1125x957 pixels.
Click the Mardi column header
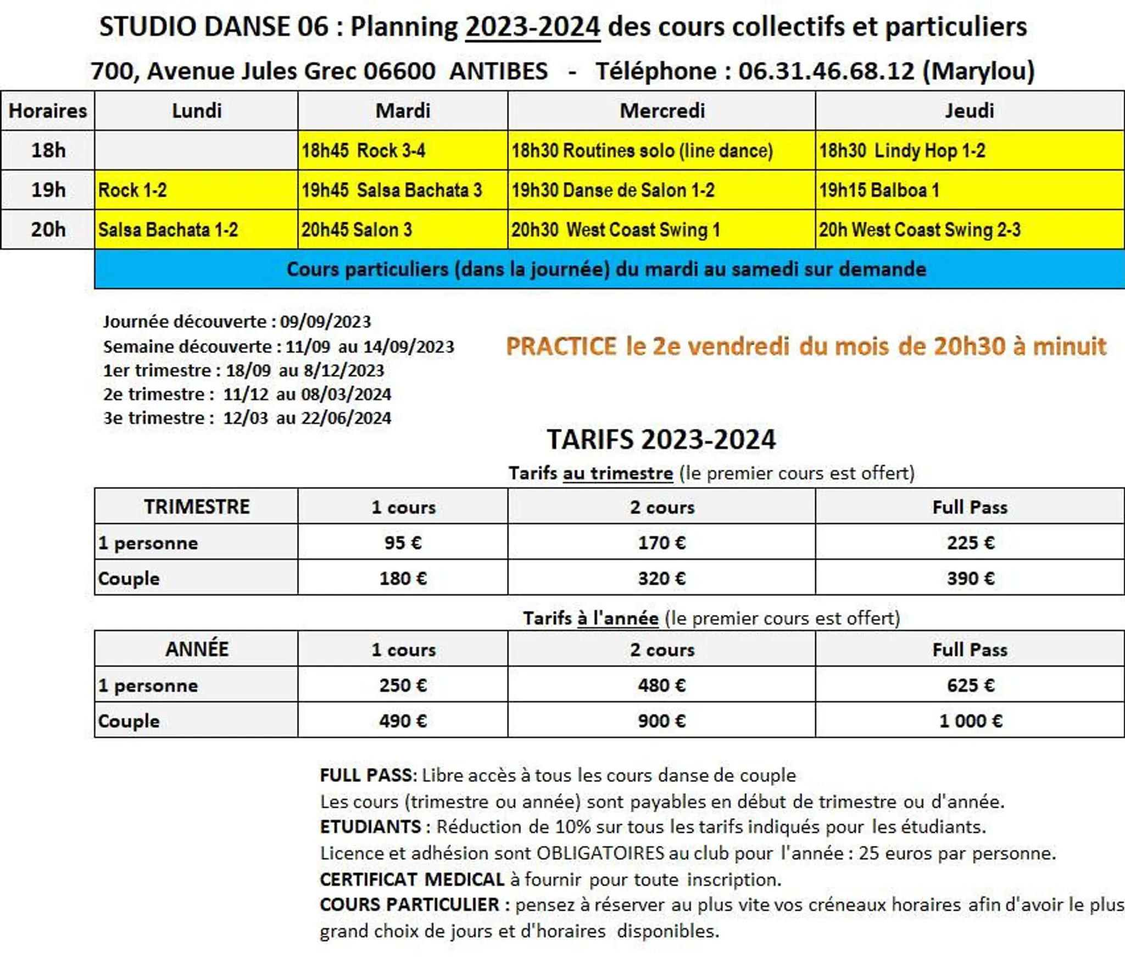pyautogui.click(x=403, y=111)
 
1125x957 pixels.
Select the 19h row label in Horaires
pyautogui.click(x=48, y=190)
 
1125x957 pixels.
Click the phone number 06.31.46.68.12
pyautogui.click(x=826, y=71)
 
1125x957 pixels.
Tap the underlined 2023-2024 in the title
pyautogui.click(x=533, y=26)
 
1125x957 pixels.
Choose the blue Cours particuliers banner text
pyautogui.click(x=606, y=269)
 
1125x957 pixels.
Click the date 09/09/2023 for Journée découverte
pyautogui.click(x=325, y=321)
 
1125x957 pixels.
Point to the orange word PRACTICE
pyautogui.click(x=561, y=346)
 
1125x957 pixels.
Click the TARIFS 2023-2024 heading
pyautogui.click(x=661, y=439)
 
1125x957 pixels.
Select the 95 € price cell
pyautogui.click(x=403, y=542)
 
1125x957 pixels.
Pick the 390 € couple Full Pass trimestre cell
pyautogui.click(x=970, y=578)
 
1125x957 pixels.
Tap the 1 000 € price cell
pyautogui.click(x=970, y=720)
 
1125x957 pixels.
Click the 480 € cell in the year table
pyautogui.click(x=661, y=685)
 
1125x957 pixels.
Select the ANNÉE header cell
pyautogui.click(x=197, y=649)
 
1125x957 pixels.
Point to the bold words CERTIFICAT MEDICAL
pyautogui.click(x=412, y=879)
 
